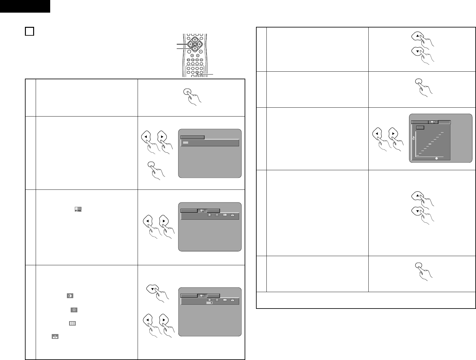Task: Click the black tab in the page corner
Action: (25, 6)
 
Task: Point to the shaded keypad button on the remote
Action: (197, 72)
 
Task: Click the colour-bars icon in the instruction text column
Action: (78, 209)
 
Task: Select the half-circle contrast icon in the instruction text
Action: (70, 296)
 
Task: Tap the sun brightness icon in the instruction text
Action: (74, 310)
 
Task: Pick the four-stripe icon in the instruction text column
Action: (72, 324)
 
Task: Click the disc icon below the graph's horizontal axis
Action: (437, 158)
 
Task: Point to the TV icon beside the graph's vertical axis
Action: (414, 138)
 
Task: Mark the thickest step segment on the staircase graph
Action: (430, 144)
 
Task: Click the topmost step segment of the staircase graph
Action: (443, 132)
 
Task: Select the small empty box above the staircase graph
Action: (420, 127)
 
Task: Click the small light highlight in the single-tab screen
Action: (186, 143)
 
